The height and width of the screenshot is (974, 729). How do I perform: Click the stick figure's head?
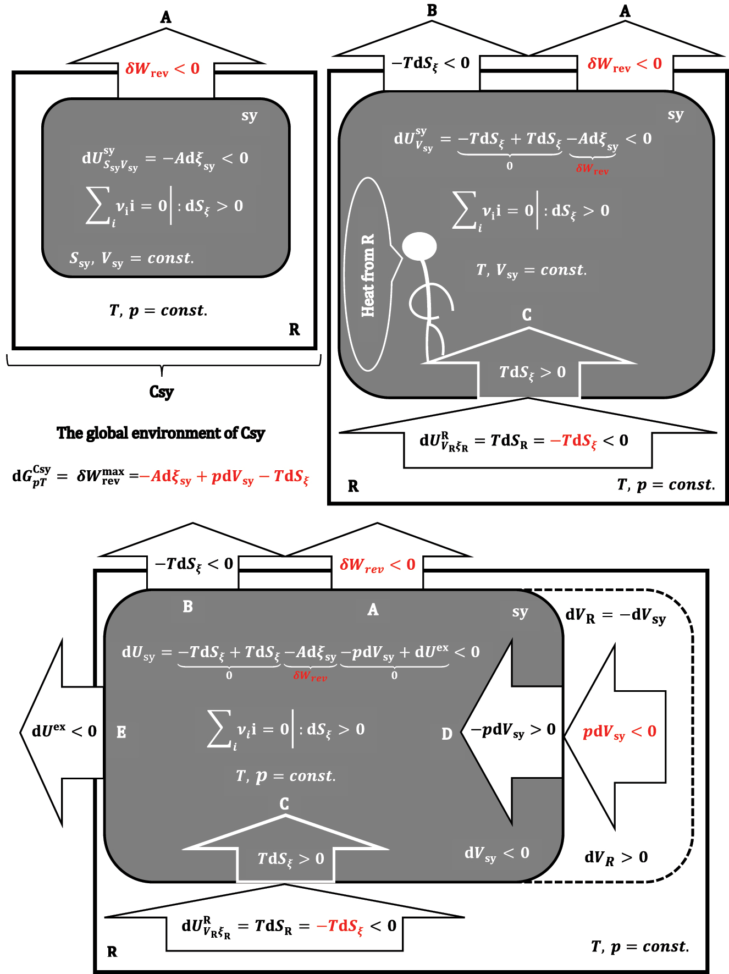pyautogui.click(x=419, y=246)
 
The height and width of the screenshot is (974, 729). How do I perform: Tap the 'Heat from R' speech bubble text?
pyautogui.click(x=368, y=275)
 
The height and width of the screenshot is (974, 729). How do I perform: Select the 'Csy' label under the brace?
pyautogui.click(x=161, y=392)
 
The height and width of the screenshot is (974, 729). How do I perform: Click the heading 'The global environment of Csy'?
pyautogui.click(x=161, y=433)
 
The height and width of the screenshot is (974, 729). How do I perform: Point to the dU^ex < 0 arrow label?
pyautogui.click(x=64, y=731)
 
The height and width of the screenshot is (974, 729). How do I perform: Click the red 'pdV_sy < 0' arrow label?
pyautogui.click(x=620, y=731)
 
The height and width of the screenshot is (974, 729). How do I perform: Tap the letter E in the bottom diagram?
pyautogui.click(x=121, y=732)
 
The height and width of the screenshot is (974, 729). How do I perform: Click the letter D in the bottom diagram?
pyautogui.click(x=446, y=734)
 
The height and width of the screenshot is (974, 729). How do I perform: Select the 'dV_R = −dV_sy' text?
pyautogui.click(x=615, y=615)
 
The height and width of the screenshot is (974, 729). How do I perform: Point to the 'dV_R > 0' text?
pyautogui.click(x=616, y=857)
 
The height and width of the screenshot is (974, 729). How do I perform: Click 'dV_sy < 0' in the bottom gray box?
pyautogui.click(x=496, y=854)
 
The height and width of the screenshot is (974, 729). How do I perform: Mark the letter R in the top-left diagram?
pyautogui.click(x=294, y=329)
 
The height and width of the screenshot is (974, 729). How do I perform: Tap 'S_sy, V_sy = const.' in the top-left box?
pyautogui.click(x=131, y=258)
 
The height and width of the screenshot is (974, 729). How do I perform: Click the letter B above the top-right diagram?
pyautogui.click(x=432, y=10)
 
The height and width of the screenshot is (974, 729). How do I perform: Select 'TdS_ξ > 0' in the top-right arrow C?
pyautogui.click(x=532, y=372)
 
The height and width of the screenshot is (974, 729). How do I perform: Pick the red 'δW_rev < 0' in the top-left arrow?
pyautogui.click(x=162, y=69)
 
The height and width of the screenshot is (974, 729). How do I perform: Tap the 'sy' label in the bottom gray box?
pyautogui.click(x=520, y=612)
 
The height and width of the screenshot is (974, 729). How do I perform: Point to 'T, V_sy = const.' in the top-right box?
pyautogui.click(x=531, y=270)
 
